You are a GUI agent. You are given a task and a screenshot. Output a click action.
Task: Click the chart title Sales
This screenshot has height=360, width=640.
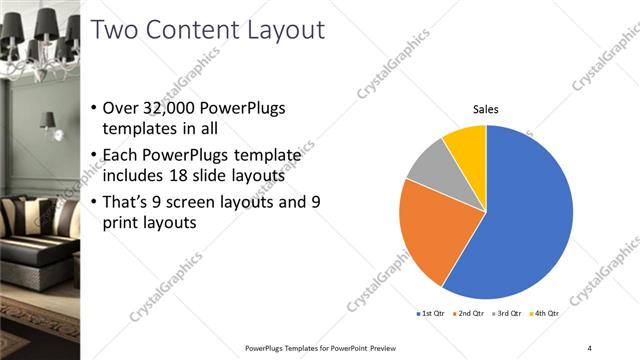click(486, 109)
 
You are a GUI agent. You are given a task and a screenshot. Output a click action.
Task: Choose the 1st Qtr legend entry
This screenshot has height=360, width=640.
click(432, 313)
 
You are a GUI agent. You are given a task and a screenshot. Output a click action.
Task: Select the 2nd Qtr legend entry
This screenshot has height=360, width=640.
click(469, 313)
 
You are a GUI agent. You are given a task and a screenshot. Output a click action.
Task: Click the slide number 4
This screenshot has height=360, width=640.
click(589, 347)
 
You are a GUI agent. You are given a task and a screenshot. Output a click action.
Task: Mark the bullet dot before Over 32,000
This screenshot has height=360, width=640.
click(94, 108)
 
